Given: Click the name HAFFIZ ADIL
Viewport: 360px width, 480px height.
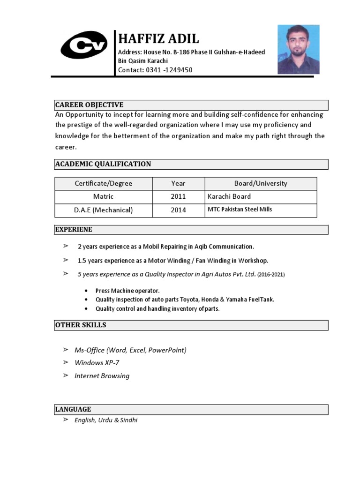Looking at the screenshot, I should (x=158, y=38).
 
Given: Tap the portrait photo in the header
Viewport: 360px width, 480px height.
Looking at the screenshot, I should (x=298, y=49).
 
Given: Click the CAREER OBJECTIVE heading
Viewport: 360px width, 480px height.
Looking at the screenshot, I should (x=89, y=105).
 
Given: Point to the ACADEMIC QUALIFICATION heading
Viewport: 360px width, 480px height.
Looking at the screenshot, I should (x=103, y=164).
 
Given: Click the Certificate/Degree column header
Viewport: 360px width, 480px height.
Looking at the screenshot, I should (x=104, y=183).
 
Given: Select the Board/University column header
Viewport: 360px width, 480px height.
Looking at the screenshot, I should (x=261, y=183).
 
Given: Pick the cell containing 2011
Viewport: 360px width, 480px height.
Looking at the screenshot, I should (x=178, y=196).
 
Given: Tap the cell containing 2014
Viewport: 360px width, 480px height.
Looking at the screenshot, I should (x=178, y=210).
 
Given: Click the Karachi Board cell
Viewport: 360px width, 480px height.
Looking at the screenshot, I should (x=229, y=196).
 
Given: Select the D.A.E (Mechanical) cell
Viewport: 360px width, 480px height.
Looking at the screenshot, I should (x=104, y=210).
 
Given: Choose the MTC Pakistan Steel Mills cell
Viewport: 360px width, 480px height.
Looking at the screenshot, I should (x=240, y=210).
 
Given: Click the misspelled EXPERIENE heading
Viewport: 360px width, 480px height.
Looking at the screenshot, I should (x=74, y=230).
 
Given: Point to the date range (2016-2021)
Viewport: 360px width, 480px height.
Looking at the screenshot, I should (x=271, y=274).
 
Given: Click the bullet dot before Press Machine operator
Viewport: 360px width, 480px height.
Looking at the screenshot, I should (x=87, y=291).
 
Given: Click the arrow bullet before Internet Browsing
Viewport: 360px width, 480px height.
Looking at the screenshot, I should (x=66, y=375).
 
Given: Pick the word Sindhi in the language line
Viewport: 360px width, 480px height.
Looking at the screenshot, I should (x=128, y=420).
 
